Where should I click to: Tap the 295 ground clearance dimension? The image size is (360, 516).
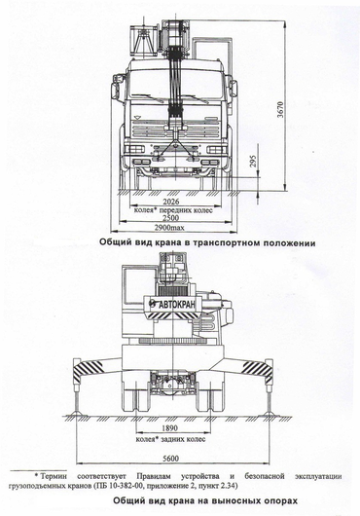(254, 162)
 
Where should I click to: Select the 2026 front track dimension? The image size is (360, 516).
(171, 202)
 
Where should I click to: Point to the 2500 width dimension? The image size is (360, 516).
(171, 218)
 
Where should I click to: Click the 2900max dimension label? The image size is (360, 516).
(169, 228)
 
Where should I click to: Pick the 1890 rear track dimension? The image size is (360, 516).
(169, 428)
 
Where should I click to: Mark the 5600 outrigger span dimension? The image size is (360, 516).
(170, 459)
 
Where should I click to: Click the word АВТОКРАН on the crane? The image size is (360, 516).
(176, 305)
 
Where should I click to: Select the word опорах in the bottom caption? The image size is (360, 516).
(282, 500)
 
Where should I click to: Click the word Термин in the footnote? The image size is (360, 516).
(54, 476)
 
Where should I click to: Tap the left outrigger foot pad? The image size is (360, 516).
(77, 414)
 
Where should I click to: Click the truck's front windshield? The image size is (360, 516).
(175, 84)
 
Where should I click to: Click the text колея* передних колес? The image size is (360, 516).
(173, 209)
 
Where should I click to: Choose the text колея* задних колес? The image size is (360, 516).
(170, 439)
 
